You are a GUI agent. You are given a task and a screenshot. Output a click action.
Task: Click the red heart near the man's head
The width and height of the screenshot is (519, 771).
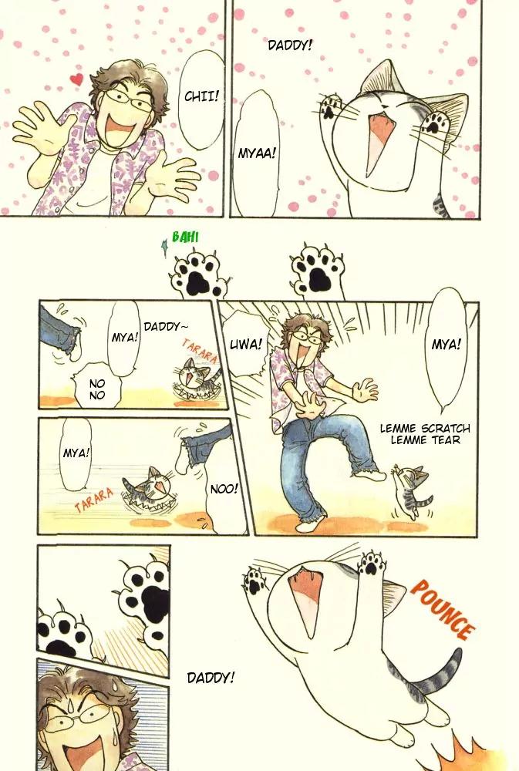tap(76, 79)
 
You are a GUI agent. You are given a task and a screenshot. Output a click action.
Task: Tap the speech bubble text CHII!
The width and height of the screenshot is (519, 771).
tap(201, 96)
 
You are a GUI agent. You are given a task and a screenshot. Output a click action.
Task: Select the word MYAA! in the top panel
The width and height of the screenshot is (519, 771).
tap(257, 153)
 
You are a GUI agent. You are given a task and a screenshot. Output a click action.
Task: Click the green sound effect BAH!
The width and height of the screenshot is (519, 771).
tap(185, 237)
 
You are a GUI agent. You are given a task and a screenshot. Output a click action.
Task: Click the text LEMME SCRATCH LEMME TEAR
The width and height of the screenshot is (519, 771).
tap(425, 434)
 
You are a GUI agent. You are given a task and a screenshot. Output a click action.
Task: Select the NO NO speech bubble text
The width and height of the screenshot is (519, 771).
tap(97, 389)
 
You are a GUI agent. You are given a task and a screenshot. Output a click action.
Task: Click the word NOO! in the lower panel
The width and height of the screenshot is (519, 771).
tap(224, 489)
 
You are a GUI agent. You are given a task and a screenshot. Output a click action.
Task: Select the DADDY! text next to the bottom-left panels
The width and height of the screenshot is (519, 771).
tap(211, 678)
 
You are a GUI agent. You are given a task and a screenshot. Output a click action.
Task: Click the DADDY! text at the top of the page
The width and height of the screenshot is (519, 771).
tap(290, 45)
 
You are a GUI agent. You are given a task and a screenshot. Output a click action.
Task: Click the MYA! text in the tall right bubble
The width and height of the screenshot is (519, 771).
tap(447, 345)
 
